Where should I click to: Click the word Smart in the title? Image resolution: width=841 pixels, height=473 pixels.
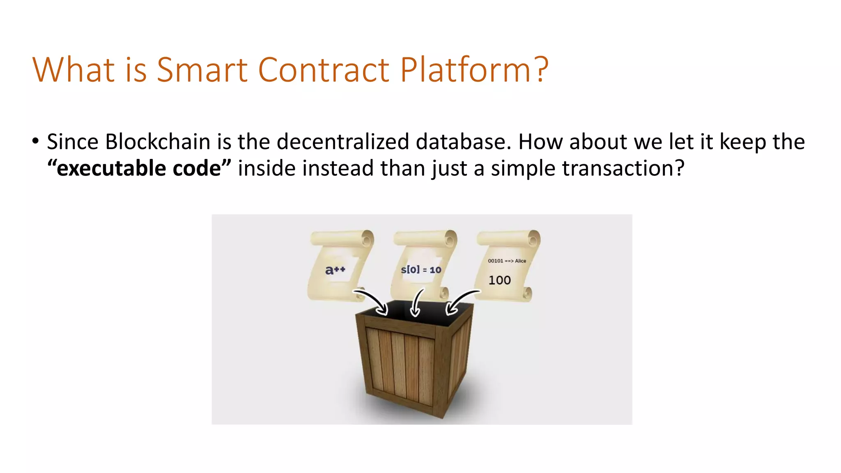pos(202,69)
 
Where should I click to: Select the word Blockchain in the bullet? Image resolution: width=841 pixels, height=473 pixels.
pos(158,142)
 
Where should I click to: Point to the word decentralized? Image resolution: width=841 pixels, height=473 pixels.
pos(343,142)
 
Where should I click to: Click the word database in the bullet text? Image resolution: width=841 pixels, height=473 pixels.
pos(463,142)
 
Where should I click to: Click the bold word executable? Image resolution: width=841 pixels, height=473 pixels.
pos(111,168)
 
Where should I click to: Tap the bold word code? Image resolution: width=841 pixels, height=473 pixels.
pos(197,168)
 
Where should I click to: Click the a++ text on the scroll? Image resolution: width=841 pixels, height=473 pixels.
pos(335,270)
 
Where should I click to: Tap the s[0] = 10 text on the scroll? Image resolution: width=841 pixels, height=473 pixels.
pos(421,270)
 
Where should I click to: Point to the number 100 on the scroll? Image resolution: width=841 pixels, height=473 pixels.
pos(499,280)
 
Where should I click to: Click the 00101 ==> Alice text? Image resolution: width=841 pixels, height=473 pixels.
pos(507,261)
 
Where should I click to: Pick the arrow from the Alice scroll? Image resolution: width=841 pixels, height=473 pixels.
pos(462,301)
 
